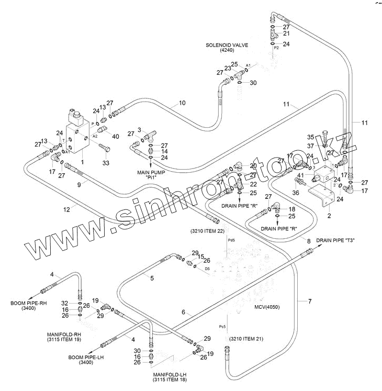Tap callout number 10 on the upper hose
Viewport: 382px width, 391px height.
pyautogui.click(x=182, y=103)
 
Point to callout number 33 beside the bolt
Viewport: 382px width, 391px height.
pyautogui.click(x=106, y=163)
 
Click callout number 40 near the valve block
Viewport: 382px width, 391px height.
pyautogui.click(x=115, y=137)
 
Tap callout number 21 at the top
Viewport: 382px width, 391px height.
pyautogui.click(x=286, y=33)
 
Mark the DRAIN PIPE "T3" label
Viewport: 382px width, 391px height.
pyautogui.click(x=335, y=241)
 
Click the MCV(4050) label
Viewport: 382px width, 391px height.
pyautogui.click(x=266, y=307)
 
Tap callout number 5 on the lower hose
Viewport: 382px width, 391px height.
pyautogui.click(x=152, y=278)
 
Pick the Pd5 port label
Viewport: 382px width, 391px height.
pyautogui.click(x=231, y=240)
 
